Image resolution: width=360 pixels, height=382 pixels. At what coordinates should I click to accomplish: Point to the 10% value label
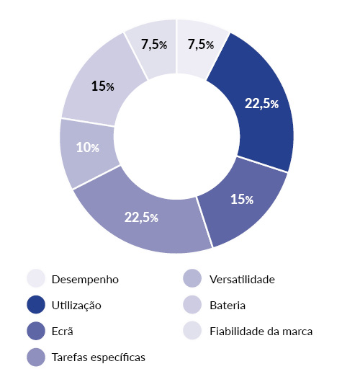coord(87,147)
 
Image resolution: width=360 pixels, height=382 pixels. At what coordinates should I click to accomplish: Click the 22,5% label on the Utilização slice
coord(261,104)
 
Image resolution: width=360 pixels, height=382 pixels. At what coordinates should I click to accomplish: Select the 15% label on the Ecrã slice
coord(241,199)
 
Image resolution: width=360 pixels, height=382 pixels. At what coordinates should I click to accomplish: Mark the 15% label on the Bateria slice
coord(103,86)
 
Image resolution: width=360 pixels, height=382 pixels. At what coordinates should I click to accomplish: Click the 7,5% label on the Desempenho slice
coord(200,45)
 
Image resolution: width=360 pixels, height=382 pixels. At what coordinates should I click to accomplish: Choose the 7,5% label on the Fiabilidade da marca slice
coord(154,45)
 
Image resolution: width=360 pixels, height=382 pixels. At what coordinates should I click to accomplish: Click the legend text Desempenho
coord(85,279)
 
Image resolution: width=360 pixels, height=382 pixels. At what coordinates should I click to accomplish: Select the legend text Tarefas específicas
coord(97,357)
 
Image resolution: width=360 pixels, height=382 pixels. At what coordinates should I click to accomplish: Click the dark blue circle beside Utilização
coord(36,305)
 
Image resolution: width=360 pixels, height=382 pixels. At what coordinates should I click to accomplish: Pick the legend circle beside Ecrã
coord(36,332)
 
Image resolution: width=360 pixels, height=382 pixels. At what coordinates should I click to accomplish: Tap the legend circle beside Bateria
coord(192,305)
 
